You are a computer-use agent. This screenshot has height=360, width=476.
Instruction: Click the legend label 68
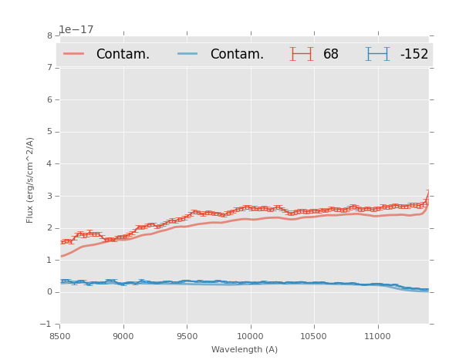pos(331,54)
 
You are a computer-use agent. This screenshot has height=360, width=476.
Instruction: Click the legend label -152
pos(414,54)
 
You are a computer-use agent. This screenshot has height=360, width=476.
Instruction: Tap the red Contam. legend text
pos(123,54)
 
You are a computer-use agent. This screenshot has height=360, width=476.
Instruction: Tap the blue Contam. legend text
pos(237,54)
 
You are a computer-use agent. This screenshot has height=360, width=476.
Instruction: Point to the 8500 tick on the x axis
pos(60,336)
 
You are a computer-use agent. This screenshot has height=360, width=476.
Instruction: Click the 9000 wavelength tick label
pos(123,336)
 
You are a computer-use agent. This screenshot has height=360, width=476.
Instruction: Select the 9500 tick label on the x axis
pos(187,336)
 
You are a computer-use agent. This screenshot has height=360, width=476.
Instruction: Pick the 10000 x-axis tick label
pos(251,336)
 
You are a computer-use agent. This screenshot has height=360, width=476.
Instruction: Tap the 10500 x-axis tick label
pos(314,336)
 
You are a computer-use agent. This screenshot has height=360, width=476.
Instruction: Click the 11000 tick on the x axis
pos(377,336)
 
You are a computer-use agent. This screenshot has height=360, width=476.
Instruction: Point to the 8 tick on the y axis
pos(49,35)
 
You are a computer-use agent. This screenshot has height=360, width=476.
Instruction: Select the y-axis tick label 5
pos(49,132)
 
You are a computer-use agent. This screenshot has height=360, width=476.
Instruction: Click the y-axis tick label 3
pos(49,196)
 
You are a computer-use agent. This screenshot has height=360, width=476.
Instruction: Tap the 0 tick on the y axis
pos(49,292)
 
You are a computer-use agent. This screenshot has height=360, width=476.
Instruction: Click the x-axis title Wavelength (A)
pos(244,350)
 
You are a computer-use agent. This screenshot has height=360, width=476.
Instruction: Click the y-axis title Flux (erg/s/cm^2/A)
pos(31,180)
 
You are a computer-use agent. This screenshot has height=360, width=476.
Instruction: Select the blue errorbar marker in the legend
pos(377,54)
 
